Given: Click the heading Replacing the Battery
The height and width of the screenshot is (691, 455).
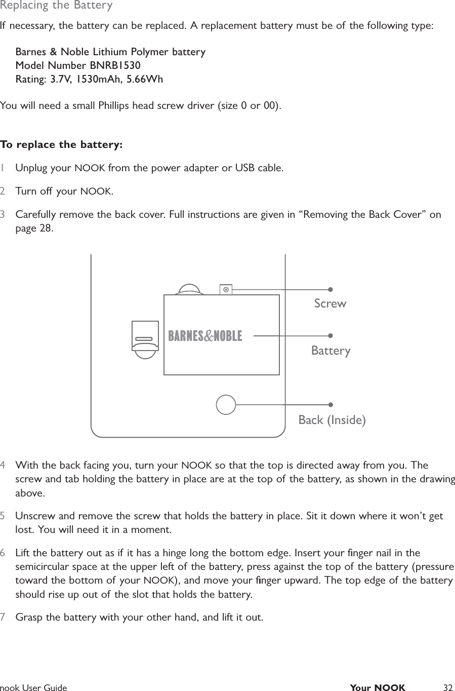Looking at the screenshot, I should click(x=56, y=6).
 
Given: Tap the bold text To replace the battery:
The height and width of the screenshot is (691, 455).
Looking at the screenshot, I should click(x=61, y=145).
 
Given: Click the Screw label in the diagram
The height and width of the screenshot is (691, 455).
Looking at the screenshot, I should click(x=330, y=303).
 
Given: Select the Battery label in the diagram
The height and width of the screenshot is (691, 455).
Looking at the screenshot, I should click(x=330, y=351).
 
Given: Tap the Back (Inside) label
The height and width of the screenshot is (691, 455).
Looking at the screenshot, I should click(x=332, y=420).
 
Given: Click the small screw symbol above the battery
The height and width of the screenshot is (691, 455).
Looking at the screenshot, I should click(x=226, y=289).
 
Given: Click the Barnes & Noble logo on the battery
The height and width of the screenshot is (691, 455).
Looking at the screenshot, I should click(x=205, y=336).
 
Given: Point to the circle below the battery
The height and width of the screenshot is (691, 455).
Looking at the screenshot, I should click(x=226, y=404).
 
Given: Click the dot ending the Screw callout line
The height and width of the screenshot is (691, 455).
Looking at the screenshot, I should click(x=330, y=290).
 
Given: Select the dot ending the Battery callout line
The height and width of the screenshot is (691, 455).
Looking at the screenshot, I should click(x=330, y=335).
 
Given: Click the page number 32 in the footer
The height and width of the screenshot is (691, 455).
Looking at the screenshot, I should click(x=447, y=687).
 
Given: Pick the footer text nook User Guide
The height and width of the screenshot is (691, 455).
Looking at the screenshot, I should click(x=33, y=687).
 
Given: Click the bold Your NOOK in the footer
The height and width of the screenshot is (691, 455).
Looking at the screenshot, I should click(x=378, y=687).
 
